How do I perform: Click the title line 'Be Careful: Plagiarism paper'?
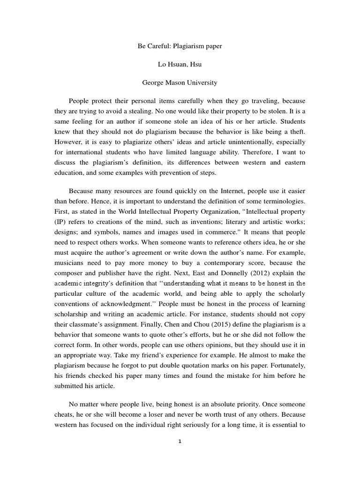pyautogui.click(x=180, y=47)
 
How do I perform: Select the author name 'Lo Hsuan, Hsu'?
pyautogui.click(x=180, y=65)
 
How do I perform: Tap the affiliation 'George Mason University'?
pyautogui.click(x=180, y=82)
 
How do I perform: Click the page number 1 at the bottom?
pyautogui.click(x=180, y=442)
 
